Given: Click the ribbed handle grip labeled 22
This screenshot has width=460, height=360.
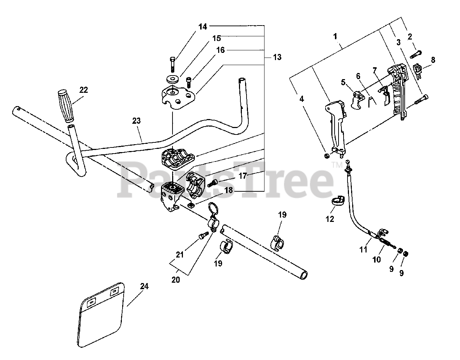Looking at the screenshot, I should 66,107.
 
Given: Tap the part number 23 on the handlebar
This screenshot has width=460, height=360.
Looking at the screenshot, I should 136,121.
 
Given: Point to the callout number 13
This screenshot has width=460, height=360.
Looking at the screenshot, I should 277,57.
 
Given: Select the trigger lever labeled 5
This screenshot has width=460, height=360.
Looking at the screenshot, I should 357,100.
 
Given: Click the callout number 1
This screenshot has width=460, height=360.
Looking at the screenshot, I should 335,36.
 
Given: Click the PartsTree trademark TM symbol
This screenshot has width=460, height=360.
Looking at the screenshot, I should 337,165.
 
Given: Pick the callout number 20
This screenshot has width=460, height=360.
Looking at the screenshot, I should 175,280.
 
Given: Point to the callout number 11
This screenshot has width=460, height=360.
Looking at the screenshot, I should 363,249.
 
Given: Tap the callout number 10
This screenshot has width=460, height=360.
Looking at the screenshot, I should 376,259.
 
